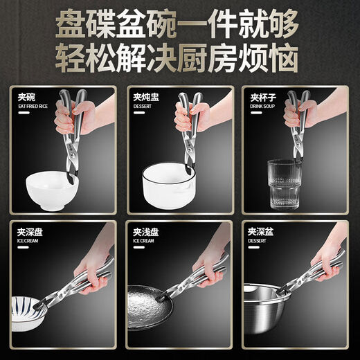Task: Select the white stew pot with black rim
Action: [x=166, y=184]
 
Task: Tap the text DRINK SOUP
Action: [x=262, y=107]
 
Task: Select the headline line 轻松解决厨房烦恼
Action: [x=180, y=57]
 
